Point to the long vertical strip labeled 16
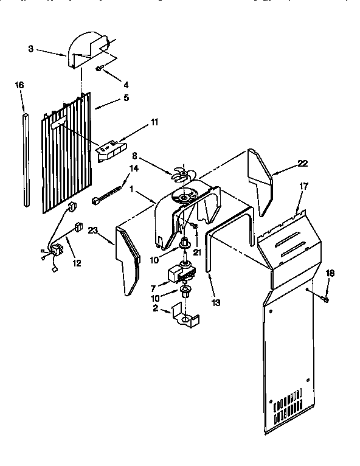coord(26,158)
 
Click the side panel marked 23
coord(128,259)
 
